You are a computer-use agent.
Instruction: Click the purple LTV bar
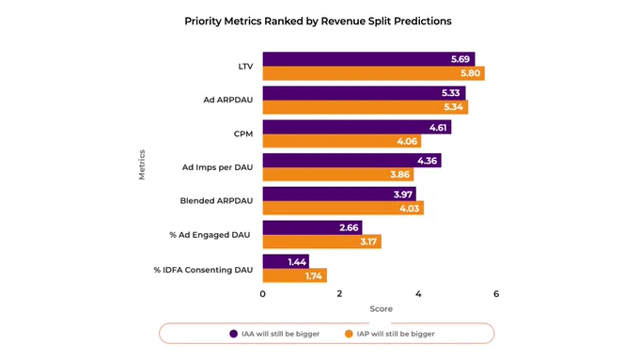[x=368, y=59]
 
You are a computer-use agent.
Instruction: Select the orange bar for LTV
[x=374, y=73]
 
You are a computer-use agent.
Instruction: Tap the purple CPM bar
[x=357, y=127]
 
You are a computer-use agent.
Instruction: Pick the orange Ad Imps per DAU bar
[x=338, y=175]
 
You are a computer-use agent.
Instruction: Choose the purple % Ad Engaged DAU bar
[x=313, y=227]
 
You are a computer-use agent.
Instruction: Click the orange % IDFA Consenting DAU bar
[x=295, y=275]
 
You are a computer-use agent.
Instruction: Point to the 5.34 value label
[x=453, y=107]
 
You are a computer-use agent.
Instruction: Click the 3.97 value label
[x=403, y=195]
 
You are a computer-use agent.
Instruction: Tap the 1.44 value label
[x=297, y=261]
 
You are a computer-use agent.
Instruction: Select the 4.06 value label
[x=407, y=141]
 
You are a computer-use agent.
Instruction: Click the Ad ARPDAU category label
[x=228, y=100]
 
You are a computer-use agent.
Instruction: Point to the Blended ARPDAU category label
[x=216, y=200]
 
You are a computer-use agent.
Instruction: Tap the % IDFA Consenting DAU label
[x=203, y=270]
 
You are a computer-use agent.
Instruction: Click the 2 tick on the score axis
[x=339, y=294]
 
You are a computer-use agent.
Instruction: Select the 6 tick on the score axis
[x=496, y=294]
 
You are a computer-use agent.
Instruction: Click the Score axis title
[x=381, y=309]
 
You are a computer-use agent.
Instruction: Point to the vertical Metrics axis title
[x=142, y=164]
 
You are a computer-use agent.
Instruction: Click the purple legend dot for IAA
[x=233, y=334]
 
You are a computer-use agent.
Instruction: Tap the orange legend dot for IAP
[x=349, y=334]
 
